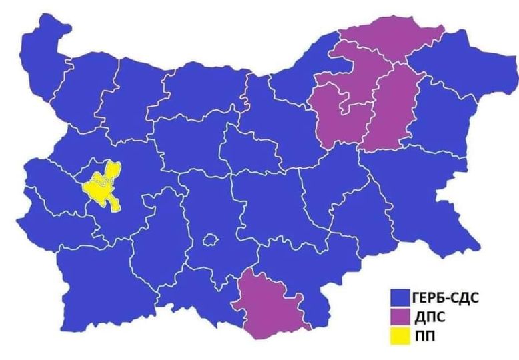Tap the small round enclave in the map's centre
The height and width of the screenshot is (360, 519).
click(x=211, y=239)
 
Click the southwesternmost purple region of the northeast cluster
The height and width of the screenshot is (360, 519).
click(x=337, y=117)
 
